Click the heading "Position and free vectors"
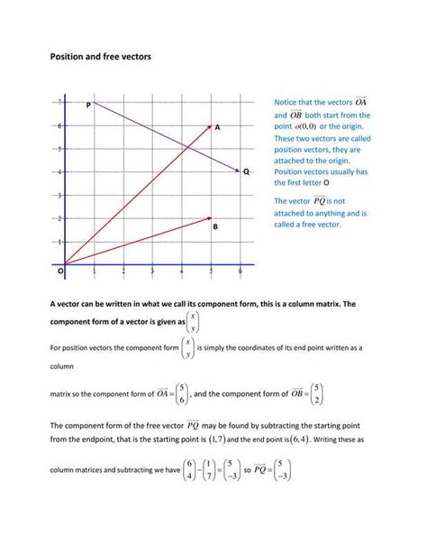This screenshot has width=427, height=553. pyautogui.click(x=100, y=56)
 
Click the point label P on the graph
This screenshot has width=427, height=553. pyautogui.click(x=88, y=106)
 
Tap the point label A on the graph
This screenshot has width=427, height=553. pyautogui.click(x=217, y=129)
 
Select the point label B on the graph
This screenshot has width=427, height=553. pyautogui.click(x=215, y=228)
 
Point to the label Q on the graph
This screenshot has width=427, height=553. pyautogui.click(x=245, y=171)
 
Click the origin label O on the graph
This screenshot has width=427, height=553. pyautogui.click(x=61, y=270)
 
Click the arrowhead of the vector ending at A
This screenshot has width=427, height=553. pyautogui.click(x=209, y=127)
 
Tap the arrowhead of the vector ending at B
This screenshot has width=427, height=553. pyautogui.click(x=209, y=218)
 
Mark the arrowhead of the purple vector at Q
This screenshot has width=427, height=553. pyautogui.click(x=237, y=171)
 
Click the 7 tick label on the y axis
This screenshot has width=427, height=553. pyautogui.click(x=60, y=101)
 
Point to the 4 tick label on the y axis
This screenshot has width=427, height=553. pyautogui.click(x=60, y=171)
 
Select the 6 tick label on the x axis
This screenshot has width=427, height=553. pyautogui.click(x=240, y=272)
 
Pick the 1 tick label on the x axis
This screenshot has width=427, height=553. pyautogui.click(x=95, y=272)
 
